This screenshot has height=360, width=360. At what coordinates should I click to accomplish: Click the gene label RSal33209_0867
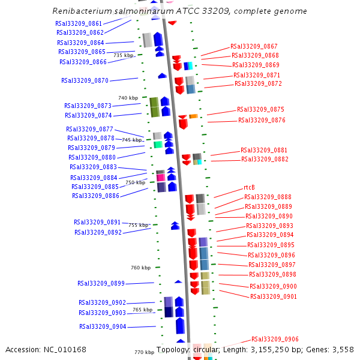[254, 46]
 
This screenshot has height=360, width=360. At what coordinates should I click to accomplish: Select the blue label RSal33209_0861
[79, 23]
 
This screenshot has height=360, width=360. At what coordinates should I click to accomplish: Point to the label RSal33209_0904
[103, 326]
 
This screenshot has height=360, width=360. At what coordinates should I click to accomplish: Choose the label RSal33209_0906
[275, 339]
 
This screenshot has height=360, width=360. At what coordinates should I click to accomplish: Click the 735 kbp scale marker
[123, 55]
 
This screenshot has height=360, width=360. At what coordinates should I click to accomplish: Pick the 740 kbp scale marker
[128, 98]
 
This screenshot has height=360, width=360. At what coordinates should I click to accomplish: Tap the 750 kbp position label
[135, 182]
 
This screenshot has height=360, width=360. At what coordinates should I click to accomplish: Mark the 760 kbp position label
[140, 268]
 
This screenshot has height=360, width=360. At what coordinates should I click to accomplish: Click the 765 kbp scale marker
[142, 310]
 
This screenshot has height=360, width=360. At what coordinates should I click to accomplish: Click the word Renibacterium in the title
[80, 11]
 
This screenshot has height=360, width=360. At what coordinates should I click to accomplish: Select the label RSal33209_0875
[260, 109]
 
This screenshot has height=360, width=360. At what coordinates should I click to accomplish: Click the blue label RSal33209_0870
[85, 80]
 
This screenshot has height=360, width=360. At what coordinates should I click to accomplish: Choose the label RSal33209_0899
[101, 283]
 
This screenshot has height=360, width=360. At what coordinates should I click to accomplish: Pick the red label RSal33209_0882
[265, 159]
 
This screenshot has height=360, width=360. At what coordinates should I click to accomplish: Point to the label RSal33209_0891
[97, 222]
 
